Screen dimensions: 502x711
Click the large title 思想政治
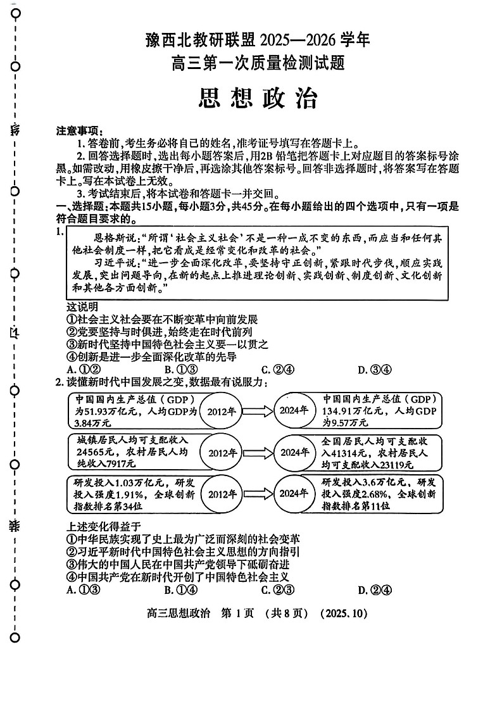tap(258, 98)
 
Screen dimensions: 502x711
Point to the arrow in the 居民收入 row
tap(258, 453)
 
